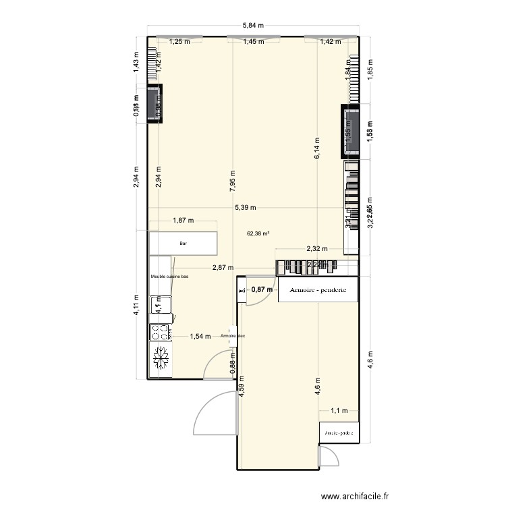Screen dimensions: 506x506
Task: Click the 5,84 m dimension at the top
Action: click(253, 26)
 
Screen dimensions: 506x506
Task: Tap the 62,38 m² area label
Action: click(258, 233)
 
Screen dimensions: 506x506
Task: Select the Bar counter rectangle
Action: click(184, 244)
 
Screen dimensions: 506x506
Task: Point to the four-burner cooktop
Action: click(160, 333)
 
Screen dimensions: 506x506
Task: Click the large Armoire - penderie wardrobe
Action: click(317, 290)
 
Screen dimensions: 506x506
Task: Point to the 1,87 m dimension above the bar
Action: click(183, 220)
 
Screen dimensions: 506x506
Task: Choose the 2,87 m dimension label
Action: click(223, 268)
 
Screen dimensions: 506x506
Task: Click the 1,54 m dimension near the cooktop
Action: click(200, 336)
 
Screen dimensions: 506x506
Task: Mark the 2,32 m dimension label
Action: click(317, 249)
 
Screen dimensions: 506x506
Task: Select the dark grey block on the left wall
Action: click(155, 104)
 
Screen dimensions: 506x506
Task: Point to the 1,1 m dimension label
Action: click(338, 410)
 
